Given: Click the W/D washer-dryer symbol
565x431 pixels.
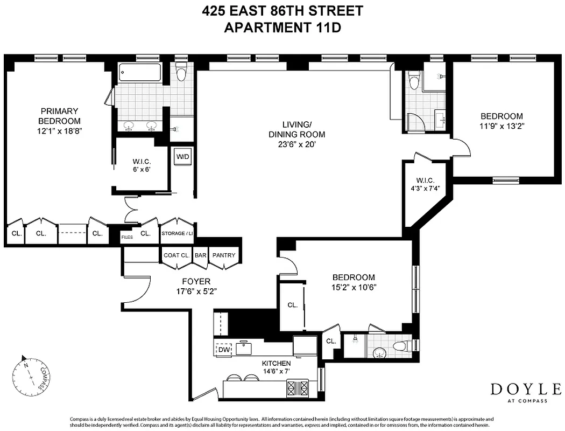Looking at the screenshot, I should pyautogui.click(x=183, y=157).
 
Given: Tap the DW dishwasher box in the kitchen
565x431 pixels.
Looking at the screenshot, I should pyautogui.click(x=223, y=350).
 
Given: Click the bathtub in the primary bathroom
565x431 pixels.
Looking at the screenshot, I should pyautogui.click(x=140, y=73).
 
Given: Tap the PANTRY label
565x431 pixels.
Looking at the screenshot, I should pyautogui.click(x=224, y=255).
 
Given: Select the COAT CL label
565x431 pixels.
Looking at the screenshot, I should pyautogui.click(x=175, y=255).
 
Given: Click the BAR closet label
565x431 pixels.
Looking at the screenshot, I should pyautogui.click(x=201, y=255).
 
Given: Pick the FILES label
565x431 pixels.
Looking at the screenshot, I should pyautogui.click(x=127, y=237).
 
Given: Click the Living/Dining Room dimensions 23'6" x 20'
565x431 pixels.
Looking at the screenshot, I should pyautogui.click(x=297, y=144).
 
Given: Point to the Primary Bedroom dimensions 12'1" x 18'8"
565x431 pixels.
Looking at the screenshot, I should pyautogui.click(x=59, y=130).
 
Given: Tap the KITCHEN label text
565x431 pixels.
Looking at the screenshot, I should pyautogui.click(x=277, y=364).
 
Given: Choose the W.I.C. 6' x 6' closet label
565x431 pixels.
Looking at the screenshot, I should pyautogui.click(x=141, y=169).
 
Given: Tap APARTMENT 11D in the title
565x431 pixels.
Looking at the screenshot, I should pyautogui.click(x=282, y=27).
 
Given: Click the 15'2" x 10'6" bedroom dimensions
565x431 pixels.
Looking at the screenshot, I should pyautogui.click(x=353, y=287).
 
